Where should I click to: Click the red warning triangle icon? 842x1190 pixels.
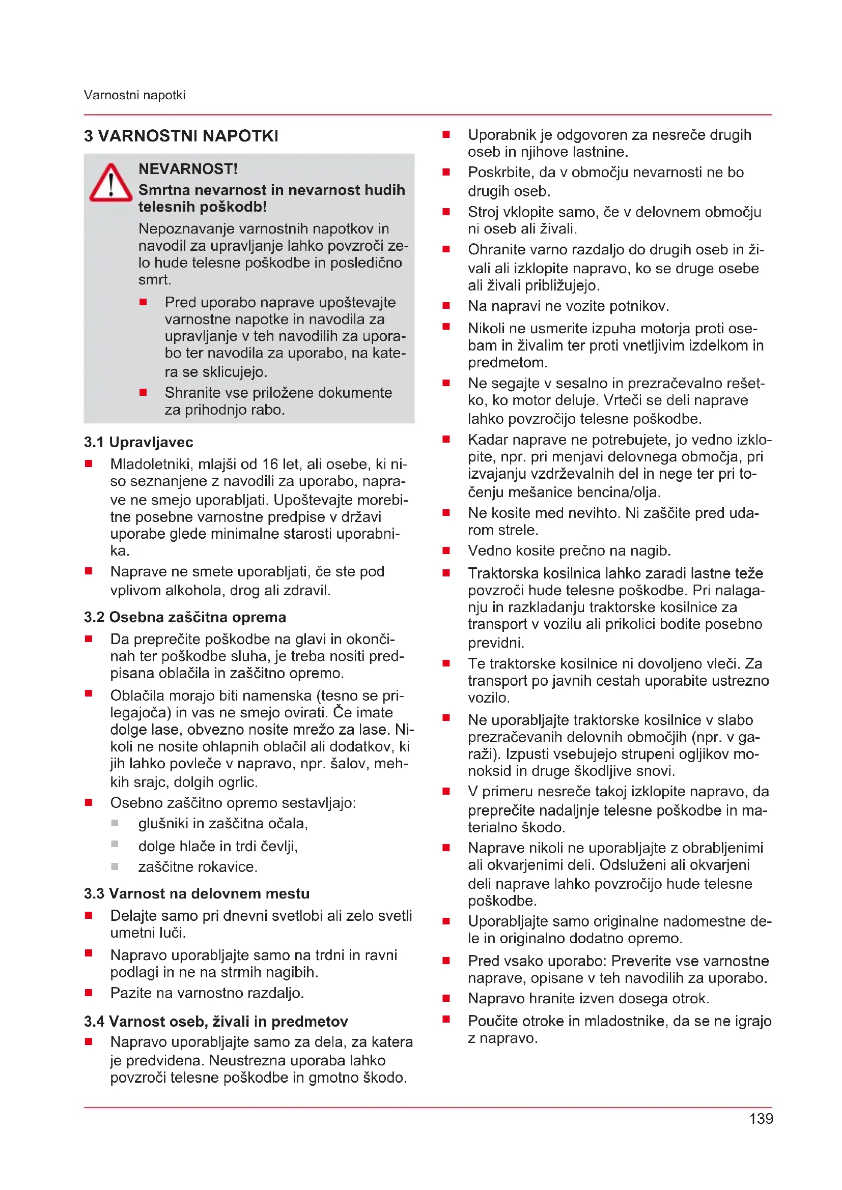(x=110, y=184)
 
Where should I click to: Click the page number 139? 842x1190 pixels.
(x=761, y=1119)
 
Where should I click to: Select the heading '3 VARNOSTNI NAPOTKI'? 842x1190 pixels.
(x=181, y=136)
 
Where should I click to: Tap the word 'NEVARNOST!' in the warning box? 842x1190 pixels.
(x=188, y=169)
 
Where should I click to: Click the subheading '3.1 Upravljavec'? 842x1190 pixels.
(x=138, y=442)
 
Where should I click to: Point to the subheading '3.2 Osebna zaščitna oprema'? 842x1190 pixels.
(x=185, y=617)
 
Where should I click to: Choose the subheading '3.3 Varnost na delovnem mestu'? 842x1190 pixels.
(x=197, y=893)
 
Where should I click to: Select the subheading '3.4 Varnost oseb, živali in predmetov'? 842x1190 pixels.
(x=216, y=1022)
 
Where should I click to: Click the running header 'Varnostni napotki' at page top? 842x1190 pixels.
(x=134, y=95)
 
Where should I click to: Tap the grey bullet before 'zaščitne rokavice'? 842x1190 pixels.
(x=115, y=866)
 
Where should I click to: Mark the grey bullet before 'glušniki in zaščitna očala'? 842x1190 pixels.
(x=115, y=823)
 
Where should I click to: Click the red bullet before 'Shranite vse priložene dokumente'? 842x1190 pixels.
(x=143, y=392)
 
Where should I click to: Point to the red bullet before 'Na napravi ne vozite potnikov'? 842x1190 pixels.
(x=446, y=306)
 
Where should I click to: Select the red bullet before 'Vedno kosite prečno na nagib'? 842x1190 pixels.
(x=446, y=550)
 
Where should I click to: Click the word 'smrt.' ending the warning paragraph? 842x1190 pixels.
(x=155, y=280)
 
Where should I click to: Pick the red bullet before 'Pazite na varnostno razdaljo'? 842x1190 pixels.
(x=89, y=993)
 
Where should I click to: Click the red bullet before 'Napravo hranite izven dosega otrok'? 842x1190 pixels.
(x=446, y=998)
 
